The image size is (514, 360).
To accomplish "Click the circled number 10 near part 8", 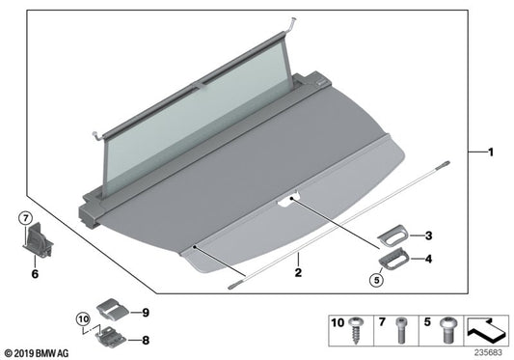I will [x=83, y=317].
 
